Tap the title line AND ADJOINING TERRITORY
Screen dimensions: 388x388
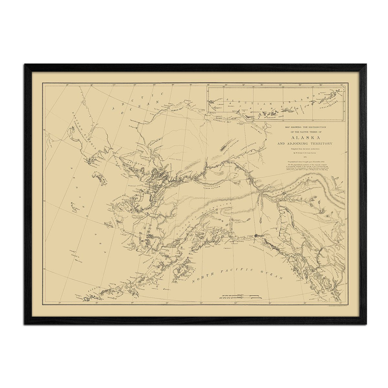point(304,143)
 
